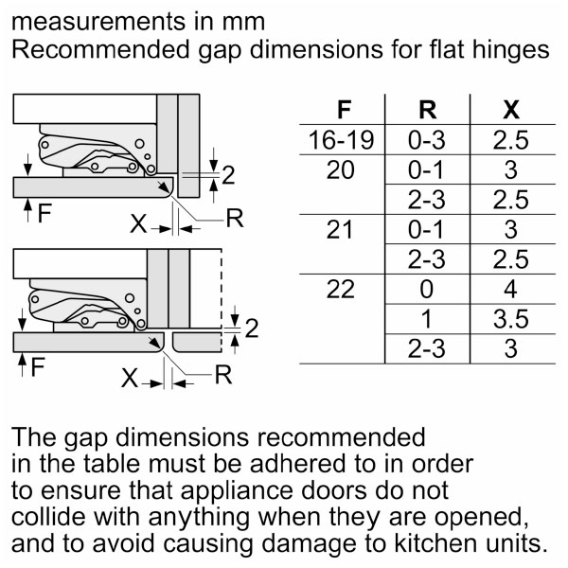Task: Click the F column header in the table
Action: (344, 110)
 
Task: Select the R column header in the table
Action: (428, 110)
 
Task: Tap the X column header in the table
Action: (511, 110)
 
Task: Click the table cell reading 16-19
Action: (341, 140)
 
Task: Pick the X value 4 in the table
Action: (510, 289)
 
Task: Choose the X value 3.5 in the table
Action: (511, 319)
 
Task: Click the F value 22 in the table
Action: (341, 289)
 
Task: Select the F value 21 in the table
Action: (340, 230)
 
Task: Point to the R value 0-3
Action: (427, 140)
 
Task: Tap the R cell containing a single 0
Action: (427, 289)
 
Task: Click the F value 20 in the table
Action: (341, 169)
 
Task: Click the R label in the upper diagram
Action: (235, 218)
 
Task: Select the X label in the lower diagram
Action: (130, 378)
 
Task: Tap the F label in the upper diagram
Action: (44, 213)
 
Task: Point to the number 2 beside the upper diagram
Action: (228, 175)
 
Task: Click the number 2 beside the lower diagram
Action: (252, 328)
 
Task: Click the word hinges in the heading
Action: (511, 49)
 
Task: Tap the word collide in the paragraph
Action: (49, 517)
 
